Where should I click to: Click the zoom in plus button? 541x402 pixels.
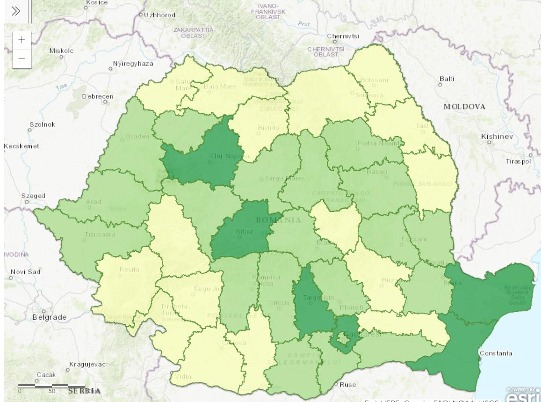coord(22,40)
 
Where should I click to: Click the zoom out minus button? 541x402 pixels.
coord(22,59)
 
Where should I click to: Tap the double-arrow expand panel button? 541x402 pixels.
coord(16,11)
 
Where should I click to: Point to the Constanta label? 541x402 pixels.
coord(495,353)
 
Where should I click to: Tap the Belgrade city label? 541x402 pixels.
coord(49,317)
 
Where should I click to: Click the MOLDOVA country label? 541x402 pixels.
coord(464,107)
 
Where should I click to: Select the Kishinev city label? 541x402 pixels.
coord(497,136)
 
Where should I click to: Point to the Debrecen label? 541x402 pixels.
coord(98,96)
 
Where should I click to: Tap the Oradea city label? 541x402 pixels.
coord(137,136)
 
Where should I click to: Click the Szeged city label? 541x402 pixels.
coord(34,196)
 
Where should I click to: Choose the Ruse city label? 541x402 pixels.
coord(347,385)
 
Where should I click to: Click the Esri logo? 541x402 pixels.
coord(522,395)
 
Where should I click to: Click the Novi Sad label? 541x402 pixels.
coord(26,272)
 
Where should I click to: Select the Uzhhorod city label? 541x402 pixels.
coord(159,15)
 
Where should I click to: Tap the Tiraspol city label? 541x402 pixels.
coord(519,161)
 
